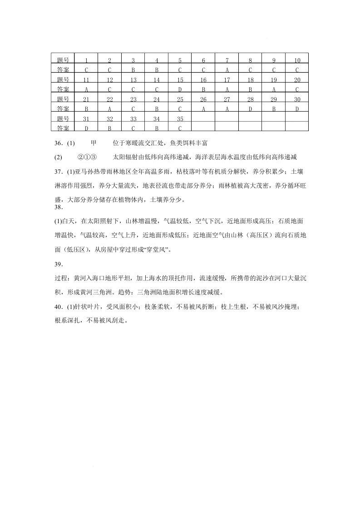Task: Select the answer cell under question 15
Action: click(180, 89)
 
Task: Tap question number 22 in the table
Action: click(109, 99)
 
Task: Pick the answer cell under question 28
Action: click(250, 109)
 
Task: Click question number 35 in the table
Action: click(180, 119)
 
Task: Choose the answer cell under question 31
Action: click(86, 128)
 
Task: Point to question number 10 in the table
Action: click(297, 60)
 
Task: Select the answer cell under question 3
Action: click(133, 70)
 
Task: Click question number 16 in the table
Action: click(203, 80)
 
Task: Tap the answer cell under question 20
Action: click(297, 89)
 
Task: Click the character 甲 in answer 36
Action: click(94, 143)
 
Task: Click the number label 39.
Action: click(58, 264)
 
